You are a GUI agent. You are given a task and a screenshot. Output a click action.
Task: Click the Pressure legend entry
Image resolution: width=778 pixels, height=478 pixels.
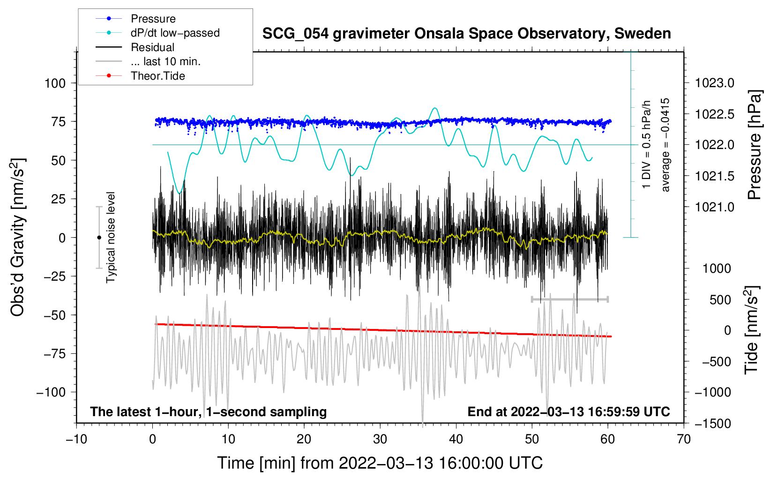[x=153, y=19]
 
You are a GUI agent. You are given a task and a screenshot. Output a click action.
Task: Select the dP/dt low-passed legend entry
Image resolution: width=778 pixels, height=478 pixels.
[x=175, y=33]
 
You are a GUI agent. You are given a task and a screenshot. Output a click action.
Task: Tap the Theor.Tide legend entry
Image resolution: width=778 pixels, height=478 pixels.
[x=157, y=76]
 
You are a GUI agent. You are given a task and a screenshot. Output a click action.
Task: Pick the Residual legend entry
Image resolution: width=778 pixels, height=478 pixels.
[x=152, y=47]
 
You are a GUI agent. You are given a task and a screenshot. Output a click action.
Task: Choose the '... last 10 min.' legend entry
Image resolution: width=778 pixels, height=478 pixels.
[x=165, y=61]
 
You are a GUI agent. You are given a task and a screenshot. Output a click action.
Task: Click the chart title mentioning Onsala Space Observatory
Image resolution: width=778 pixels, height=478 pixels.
[x=466, y=34]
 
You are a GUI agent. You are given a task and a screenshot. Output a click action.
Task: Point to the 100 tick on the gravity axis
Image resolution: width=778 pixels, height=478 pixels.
[x=55, y=83]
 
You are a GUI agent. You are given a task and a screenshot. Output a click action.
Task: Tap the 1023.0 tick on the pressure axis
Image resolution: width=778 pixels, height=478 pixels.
[x=715, y=83]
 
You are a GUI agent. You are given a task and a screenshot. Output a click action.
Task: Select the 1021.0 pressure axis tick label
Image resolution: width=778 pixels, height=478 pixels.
[x=715, y=207]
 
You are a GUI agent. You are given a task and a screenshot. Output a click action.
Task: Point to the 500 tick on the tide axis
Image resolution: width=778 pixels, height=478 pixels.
[x=720, y=299]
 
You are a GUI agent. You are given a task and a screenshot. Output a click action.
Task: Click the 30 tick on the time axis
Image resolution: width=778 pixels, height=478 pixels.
[x=380, y=439]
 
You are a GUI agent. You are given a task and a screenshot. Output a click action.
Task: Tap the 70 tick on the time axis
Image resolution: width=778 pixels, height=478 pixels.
[x=684, y=439]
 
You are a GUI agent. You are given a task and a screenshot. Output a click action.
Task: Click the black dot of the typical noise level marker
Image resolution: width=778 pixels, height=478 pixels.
[x=99, y=238]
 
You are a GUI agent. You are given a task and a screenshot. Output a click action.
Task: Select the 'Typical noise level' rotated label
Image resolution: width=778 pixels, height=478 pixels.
[x=111, y=237]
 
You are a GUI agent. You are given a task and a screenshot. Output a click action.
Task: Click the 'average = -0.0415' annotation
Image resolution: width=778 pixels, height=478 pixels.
[x=666, y=145]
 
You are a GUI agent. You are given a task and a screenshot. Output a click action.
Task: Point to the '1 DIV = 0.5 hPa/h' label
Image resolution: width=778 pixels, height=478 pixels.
[x=647, y=144]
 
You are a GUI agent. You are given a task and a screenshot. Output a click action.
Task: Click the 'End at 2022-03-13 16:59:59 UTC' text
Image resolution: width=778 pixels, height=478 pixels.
[x=569, y=412]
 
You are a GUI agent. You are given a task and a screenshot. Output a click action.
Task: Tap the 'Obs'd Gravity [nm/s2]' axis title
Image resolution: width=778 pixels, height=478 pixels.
[x=18, y=237]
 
